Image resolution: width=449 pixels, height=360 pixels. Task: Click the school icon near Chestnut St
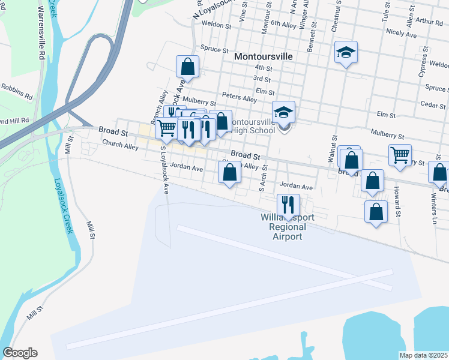click(x=346, y=52)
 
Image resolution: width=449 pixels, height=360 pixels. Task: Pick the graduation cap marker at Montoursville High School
click(x=284, y=112)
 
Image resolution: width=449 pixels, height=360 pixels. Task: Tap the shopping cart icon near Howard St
click(x=399, y=155)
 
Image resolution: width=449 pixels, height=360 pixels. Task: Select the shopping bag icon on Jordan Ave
click(x=229, y=173)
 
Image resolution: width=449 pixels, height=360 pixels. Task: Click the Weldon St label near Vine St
click(x=217, y=26)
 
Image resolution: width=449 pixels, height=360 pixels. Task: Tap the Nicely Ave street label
click(x=402, y=35)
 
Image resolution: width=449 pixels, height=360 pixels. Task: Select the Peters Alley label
click(x=239, y=97)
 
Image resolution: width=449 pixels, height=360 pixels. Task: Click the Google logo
click(x=20, y=353)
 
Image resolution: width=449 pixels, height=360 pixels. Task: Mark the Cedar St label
click(x=432, y=104)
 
